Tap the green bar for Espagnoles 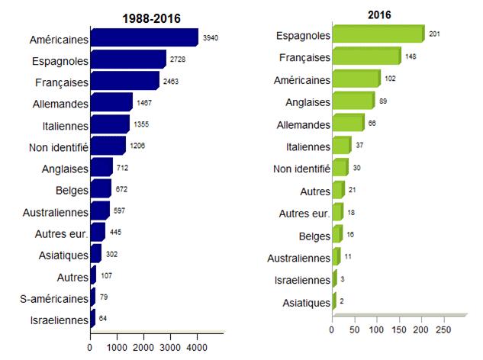click(x=377, y=35)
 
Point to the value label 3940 click(x=211, y=38)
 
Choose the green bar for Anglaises click(x=353, y=101)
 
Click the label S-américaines click(x=51, y=298)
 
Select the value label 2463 click(x=171, y=81)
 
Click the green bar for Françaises click(x=366, y=57)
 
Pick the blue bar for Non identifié click(x=108, y=146)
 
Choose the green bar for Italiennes click(x=341, y=146)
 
